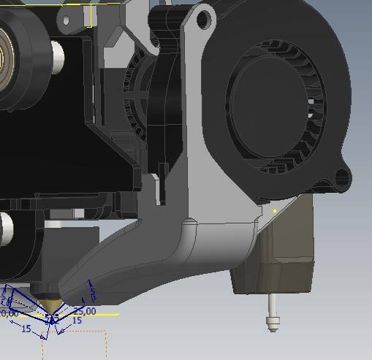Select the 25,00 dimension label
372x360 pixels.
(x=84, y=311)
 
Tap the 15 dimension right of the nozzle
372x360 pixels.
(x=77, y=321)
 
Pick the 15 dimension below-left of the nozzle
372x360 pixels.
(x=26, y=329)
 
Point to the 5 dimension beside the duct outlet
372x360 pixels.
(x=93, y=293)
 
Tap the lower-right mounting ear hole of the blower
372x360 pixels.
(x=340, y=177)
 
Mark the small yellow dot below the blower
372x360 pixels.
(x=275, y=211)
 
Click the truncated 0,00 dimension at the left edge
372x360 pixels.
(x=9, y=313)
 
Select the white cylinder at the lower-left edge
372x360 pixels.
(x=5, y=229)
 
